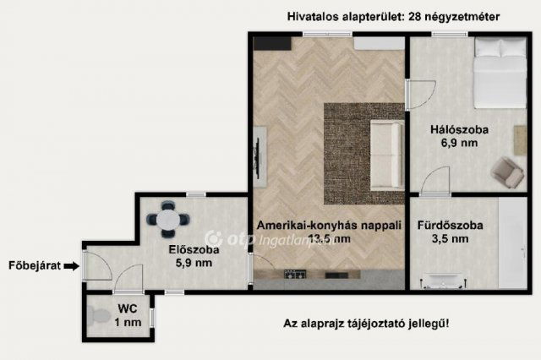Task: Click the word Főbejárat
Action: (x=35, y=266)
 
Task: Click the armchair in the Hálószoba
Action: (x=506, y=172)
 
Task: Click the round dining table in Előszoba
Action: (x=168, y=219)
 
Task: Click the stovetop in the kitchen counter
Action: (x=294, y=275)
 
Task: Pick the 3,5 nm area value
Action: (x=449, y=239)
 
